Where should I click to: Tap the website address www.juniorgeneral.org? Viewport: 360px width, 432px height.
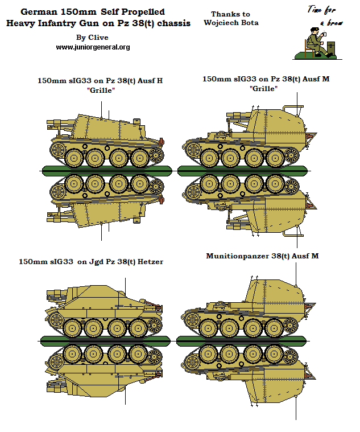coord(93,47)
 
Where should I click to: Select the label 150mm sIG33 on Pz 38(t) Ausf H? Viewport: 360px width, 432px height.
coord(100,80)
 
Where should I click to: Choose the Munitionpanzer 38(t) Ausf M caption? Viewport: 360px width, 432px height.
coord(262,256)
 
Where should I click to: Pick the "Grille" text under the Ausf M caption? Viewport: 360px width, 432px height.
coord(263,89)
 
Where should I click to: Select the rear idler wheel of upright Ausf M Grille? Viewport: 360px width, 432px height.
coord(291,154)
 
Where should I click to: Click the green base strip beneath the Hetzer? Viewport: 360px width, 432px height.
coord(106,340)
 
